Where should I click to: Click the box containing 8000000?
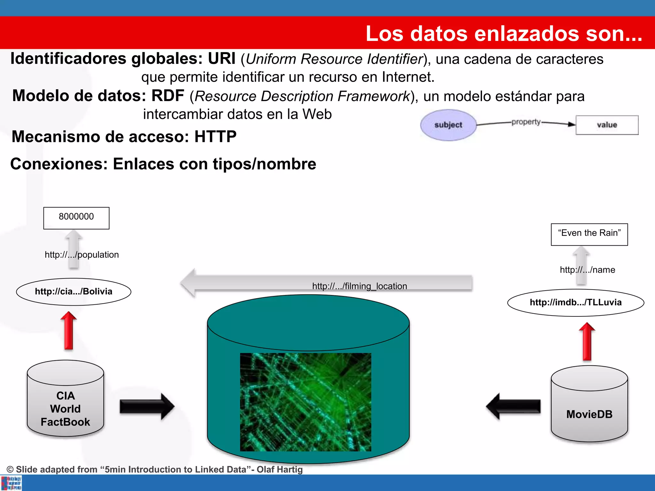(76, 218)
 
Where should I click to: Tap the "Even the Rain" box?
(589, 234)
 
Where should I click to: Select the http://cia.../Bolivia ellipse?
(74, 292)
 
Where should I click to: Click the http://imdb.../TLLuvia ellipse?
(575, 302)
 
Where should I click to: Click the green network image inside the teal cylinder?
(305, 402)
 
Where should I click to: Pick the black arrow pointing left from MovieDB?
(513, 406)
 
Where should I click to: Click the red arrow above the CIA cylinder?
(68, 331)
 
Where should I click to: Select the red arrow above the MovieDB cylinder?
(587, 341)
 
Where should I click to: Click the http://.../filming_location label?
(359, 286)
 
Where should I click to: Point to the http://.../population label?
(82, 255)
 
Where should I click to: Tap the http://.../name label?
(587, 270)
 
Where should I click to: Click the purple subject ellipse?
(448, 125)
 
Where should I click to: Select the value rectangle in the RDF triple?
(607, 125)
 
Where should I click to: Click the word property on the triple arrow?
(526, 122)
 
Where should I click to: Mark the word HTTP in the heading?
(215, 136)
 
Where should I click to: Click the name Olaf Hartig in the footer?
(280, 469)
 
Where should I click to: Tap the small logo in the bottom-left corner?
(11, 483)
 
